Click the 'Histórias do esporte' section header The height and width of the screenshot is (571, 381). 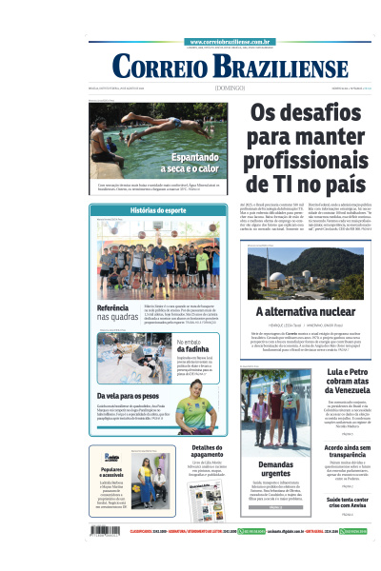(x=158, y=209)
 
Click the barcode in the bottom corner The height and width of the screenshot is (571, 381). (x=106, y=531)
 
